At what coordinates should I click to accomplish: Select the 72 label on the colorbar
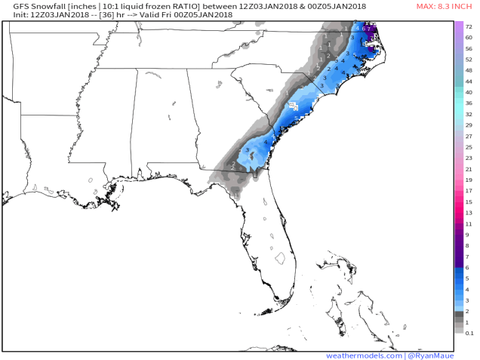[x=469, y=26]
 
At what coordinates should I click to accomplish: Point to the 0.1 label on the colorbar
[x=469, y=333]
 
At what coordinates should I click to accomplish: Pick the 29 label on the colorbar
[x=469, y=125]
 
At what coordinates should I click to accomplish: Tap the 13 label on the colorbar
[x=469, y=213]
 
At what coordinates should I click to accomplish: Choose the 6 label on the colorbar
[x=469, y=267]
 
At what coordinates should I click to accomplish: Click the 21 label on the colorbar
[x=469, y=169]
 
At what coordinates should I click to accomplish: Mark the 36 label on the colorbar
[x=469, y=103]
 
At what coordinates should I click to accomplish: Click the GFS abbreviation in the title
[x=11, y=6]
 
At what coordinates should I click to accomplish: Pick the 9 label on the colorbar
[x=469, y=235]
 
